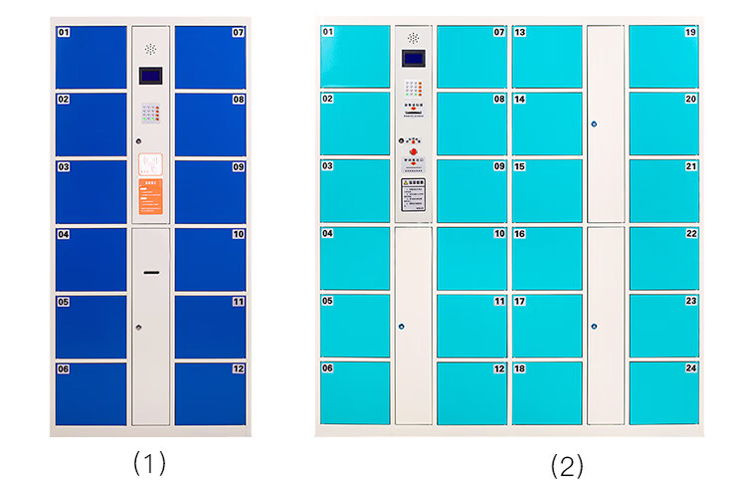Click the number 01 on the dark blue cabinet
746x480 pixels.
64,32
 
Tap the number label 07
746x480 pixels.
238,32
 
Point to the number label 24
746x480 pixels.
691,368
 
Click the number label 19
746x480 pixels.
691,32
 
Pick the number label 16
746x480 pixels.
519,234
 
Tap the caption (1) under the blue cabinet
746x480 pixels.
149,462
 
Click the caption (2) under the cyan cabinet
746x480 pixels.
567,464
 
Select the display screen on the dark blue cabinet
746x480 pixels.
150,77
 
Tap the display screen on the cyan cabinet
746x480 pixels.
413,63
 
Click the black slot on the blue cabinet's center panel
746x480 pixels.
150,272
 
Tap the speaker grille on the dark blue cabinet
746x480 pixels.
150,47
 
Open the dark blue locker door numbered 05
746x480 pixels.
91,326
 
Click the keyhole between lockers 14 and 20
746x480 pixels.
594,124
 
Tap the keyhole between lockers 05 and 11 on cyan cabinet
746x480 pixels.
401,326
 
